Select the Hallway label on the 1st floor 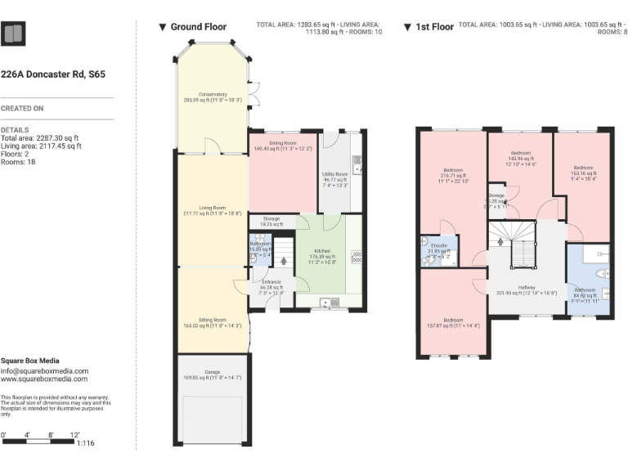point(526,287)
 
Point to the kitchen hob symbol point(356,257)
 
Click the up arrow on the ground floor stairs point(284,262)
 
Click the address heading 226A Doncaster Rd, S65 point(53,74)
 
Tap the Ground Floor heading point(198,27)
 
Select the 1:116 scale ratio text point(85,442)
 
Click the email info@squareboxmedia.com point(44,370)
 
